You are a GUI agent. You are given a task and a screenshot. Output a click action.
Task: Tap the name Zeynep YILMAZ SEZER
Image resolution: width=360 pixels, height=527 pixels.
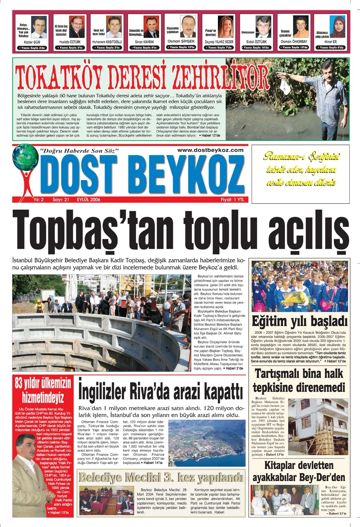click(x=219, y=42)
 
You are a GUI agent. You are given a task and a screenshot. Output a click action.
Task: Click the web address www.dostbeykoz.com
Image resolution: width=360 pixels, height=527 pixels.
click(x=210, y=150)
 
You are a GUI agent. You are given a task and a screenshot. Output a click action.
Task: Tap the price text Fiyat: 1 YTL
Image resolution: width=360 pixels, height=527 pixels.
click(x=232, y=199)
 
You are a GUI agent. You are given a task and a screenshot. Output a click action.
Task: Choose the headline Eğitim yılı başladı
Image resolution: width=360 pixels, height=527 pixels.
click(x=300, y=321)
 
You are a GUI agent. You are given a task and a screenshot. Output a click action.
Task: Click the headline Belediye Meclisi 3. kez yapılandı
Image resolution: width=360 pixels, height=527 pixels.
click(x=161, y=477)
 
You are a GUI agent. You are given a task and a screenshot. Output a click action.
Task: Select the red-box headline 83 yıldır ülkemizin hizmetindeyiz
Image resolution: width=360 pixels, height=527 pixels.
click(x=43, y=390)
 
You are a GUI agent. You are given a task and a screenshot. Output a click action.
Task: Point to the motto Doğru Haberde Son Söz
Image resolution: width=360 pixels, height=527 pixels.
click(x=80, y=151)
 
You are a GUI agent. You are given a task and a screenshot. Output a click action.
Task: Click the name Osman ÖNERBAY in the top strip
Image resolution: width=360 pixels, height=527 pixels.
click(x=294, y=42)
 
